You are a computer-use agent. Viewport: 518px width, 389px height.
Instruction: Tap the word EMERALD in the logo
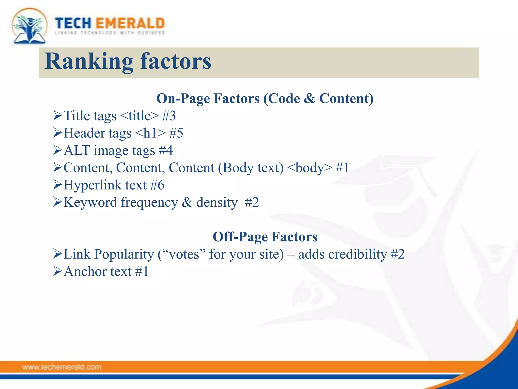[x=130, y=24]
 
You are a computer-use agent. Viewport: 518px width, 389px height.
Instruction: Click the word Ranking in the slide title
[x=89, y=62]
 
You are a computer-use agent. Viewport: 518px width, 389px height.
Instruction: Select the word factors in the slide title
[x=176, y=62]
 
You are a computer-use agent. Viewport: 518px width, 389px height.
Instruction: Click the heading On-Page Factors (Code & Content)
[x=265, y=99]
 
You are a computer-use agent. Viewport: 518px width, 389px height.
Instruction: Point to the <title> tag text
[x=139, y=116]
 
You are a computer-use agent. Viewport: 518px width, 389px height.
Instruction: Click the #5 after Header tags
[x=176, y=133]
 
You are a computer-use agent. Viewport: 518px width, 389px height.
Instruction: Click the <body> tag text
[x=310, y=168]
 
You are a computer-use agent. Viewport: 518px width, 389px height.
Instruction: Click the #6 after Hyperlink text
[x=157, y=185]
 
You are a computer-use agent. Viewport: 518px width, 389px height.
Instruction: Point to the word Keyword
[x=90, y=202]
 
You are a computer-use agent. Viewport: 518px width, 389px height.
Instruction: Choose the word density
[x=217, y=202]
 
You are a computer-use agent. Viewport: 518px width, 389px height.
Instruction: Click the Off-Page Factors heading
[x=265, y=237]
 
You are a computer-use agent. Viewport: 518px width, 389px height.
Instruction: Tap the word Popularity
[x=124, y=254]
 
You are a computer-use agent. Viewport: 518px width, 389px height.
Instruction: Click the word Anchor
[x=85, y=271]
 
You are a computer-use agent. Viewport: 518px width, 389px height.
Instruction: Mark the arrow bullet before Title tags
[x=58, y=115]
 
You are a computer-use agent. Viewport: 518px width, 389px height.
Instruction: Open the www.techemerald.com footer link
[x=62, y=367]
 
